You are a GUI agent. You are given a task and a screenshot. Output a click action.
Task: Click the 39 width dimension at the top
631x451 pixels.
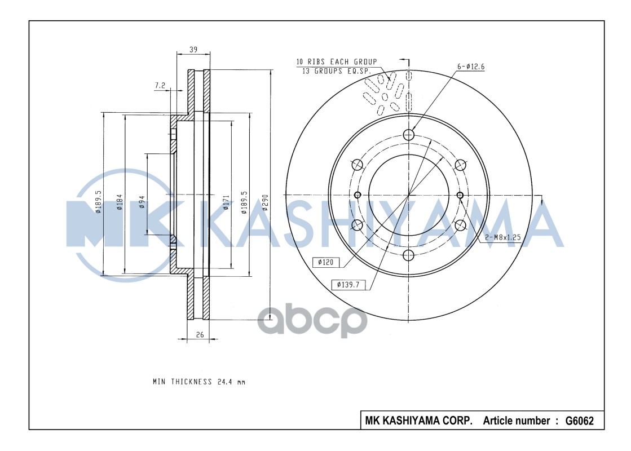pos(193,50)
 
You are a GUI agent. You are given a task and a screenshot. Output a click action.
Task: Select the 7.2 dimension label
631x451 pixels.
pos(160,86)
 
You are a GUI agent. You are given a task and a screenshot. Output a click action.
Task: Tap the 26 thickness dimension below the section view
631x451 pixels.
pos(200,335)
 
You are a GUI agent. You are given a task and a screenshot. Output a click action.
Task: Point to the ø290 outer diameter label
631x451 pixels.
pos(265,202)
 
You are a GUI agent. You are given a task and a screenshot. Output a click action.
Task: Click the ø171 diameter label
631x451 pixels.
pos(226,202)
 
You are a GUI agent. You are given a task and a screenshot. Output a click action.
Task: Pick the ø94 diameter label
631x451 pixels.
pos(142,202)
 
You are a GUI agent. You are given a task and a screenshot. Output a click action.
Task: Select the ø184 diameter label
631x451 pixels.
pos(120,202)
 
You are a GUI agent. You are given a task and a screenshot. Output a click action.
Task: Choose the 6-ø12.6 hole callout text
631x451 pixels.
pos(470,67)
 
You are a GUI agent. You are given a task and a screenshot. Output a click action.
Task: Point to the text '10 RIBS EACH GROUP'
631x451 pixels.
pos(337,61)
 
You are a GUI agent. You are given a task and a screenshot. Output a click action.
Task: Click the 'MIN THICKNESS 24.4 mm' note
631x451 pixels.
pos(198,382)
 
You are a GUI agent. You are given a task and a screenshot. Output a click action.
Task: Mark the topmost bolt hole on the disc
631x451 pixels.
pos(409,135)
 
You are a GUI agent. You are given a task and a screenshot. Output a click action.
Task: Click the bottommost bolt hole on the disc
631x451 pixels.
pos(409,256)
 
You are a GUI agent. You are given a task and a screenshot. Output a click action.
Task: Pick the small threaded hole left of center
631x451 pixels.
pos(357,195)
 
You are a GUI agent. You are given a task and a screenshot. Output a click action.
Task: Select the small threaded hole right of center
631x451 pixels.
pos(460,195)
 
